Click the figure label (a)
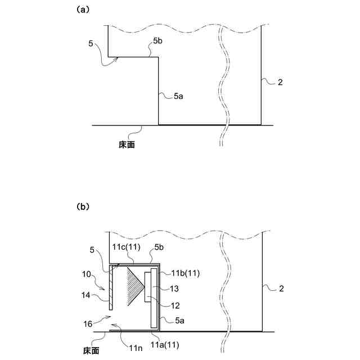[x=83, y=10]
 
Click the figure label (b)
[x=83, y=206]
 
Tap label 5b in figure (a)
[x=157, y=41]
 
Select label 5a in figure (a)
[x=178, y=97]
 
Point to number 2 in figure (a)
[x=280, y=83]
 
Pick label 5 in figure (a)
[x=91, y=42]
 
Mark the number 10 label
[x=85, y=274]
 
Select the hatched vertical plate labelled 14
[x=112, y=287]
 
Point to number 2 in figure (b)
[x=280, y=289]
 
